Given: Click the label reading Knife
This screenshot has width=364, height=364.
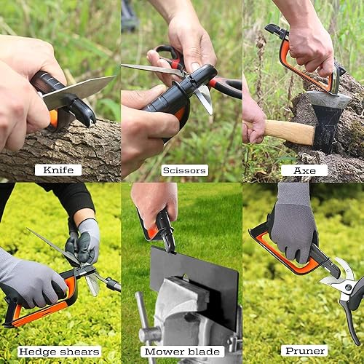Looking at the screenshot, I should tap(58, 170).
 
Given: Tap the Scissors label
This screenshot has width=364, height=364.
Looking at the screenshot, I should tap(184, 170).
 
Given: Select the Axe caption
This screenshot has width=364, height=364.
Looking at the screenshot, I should tap(304, 170).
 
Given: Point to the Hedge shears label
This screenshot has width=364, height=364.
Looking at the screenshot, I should tap(59, 352).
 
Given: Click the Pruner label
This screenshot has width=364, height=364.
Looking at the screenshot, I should tap(304, 352).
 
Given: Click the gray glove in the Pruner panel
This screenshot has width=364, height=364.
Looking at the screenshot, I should tap(293, 222).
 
